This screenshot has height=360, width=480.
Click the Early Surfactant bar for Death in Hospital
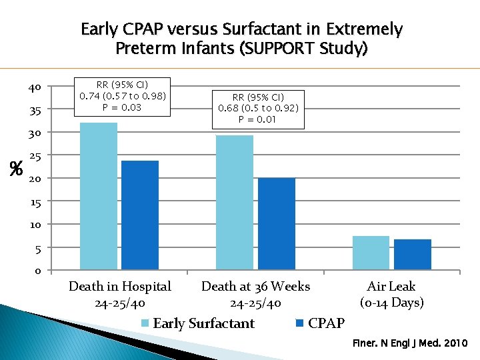tap(98, 196)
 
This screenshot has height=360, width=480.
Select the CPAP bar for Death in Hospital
tap(140, 215)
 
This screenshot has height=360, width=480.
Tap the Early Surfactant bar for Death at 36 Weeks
tap(235, 203)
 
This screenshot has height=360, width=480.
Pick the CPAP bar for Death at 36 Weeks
tap(276, 224)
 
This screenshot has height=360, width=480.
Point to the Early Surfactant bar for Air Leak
tap(371, 253)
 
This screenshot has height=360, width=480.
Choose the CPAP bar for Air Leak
tap(412, 255)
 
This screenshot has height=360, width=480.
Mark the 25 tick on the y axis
tap(35, 157)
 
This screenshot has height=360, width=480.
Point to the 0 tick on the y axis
tap(37, 271)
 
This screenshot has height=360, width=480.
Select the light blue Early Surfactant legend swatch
tap(145, 324)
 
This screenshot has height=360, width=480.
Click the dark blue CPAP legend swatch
tap(299, 324)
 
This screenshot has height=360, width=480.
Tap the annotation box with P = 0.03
tap(123, 96)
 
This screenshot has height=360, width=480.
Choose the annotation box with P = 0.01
tap(259, 109)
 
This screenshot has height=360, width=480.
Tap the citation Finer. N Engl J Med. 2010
tap(410, 344)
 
